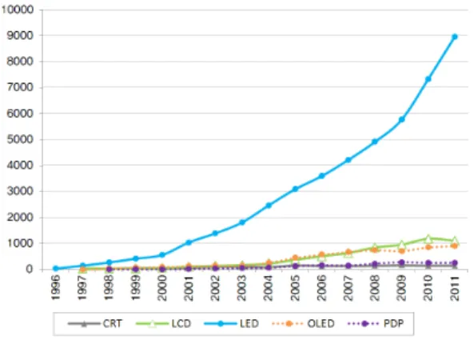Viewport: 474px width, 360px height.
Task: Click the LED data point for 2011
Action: [x=454, y=37]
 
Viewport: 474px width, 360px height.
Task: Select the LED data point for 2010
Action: [x=428, y=79]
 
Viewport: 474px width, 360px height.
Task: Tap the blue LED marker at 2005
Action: [x=295, y=189]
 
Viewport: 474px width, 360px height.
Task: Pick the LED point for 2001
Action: [x=189, y=242]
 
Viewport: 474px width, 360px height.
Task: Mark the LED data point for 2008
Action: [x=375, y=142]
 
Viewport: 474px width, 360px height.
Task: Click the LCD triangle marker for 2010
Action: [x=428, y=238]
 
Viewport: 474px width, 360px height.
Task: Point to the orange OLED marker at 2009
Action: [x=401, y=250]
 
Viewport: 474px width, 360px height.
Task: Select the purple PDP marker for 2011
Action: [x=454, y=263]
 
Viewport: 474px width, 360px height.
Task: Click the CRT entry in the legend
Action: [x=95, y=324]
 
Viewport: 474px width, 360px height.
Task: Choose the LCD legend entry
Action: [x=164, y=324]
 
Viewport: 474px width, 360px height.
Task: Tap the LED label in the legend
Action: [x=232, y=324]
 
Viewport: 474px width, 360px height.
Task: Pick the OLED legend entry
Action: [x=303, y=324]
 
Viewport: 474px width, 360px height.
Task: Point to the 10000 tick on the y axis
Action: [x=18, y=10]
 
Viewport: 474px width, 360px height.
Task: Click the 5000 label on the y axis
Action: [x=20, y=139]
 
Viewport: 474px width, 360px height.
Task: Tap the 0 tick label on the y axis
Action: [x=30, y=269]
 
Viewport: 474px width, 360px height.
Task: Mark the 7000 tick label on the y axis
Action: [x=20, y=87]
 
